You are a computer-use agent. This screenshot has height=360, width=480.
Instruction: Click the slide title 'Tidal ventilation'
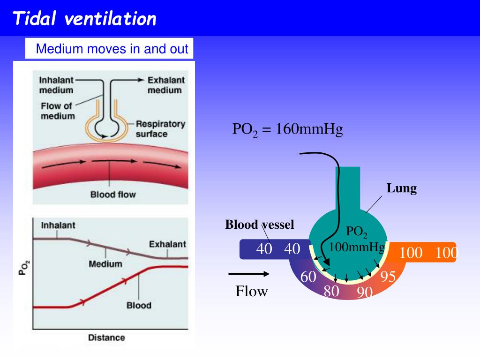84,19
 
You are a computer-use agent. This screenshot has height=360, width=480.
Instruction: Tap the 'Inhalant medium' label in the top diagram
56,85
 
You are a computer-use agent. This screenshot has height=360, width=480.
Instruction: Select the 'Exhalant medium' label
166,85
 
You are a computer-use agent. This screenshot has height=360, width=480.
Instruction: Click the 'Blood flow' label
113,194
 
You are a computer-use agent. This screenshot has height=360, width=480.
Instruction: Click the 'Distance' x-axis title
106,337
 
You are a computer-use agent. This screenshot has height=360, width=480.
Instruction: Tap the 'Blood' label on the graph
139,305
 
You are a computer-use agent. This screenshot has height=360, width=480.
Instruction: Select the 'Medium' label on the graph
105,263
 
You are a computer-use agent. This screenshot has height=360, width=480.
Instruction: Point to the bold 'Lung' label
402,188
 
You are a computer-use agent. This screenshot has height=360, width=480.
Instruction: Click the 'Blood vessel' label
260,225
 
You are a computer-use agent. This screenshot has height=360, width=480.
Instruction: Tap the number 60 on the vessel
308,277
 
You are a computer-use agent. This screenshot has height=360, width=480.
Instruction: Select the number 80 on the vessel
331,291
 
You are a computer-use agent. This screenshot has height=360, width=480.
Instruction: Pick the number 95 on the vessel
389,277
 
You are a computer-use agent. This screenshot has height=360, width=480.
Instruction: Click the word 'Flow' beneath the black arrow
252,292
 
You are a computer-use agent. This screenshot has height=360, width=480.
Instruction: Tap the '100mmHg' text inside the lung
357,247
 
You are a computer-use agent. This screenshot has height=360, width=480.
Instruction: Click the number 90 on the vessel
365,293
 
